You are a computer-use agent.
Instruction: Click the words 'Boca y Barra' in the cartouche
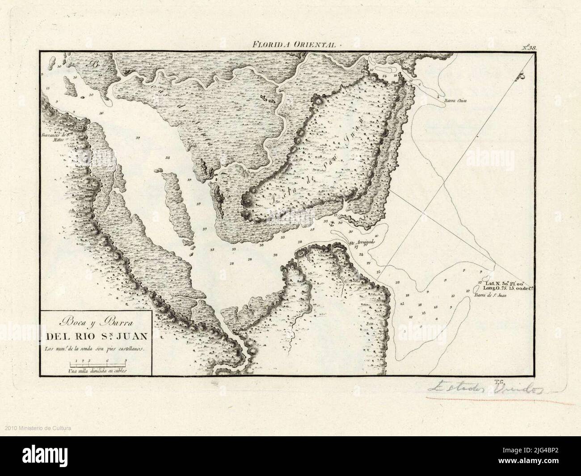click(96, 321)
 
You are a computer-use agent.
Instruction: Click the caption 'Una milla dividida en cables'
click(98, 371)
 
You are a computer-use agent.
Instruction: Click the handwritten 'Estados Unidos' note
click(485, 389)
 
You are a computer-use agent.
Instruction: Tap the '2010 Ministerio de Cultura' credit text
click(38, 429)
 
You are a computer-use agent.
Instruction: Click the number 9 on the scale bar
click(126, 360)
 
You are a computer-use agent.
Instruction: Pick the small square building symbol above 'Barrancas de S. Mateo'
click(80, 128)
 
